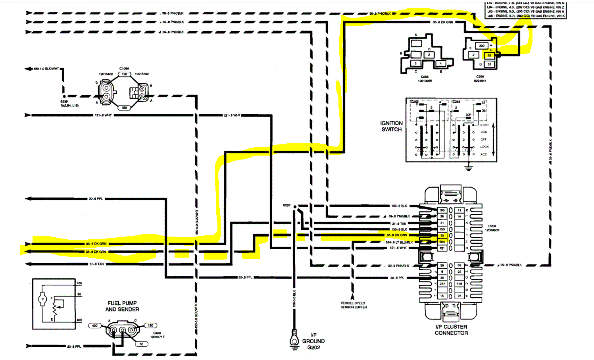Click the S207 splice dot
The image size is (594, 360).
295,206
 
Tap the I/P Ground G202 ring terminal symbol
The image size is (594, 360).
294,340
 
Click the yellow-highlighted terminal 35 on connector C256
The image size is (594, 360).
489,55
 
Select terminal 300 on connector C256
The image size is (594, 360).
481,46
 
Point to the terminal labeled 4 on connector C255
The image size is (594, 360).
440,63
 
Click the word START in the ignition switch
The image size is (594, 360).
485,125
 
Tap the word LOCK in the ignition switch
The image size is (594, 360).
484,146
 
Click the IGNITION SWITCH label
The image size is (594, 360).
391,126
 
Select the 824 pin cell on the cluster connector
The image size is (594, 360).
442,242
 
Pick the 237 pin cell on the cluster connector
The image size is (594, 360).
442,284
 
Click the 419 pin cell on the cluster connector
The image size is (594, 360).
459,284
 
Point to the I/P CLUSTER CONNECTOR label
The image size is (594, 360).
451,330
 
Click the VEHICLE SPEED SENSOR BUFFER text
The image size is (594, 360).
354,305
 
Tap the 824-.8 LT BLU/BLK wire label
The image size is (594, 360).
399,242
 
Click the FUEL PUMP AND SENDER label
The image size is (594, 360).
122,306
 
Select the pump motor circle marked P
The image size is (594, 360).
42,298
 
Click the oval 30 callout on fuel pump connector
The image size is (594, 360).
141,344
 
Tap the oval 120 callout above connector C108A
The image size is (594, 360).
124,74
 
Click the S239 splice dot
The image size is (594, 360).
64,96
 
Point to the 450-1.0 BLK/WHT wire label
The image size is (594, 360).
46,69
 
